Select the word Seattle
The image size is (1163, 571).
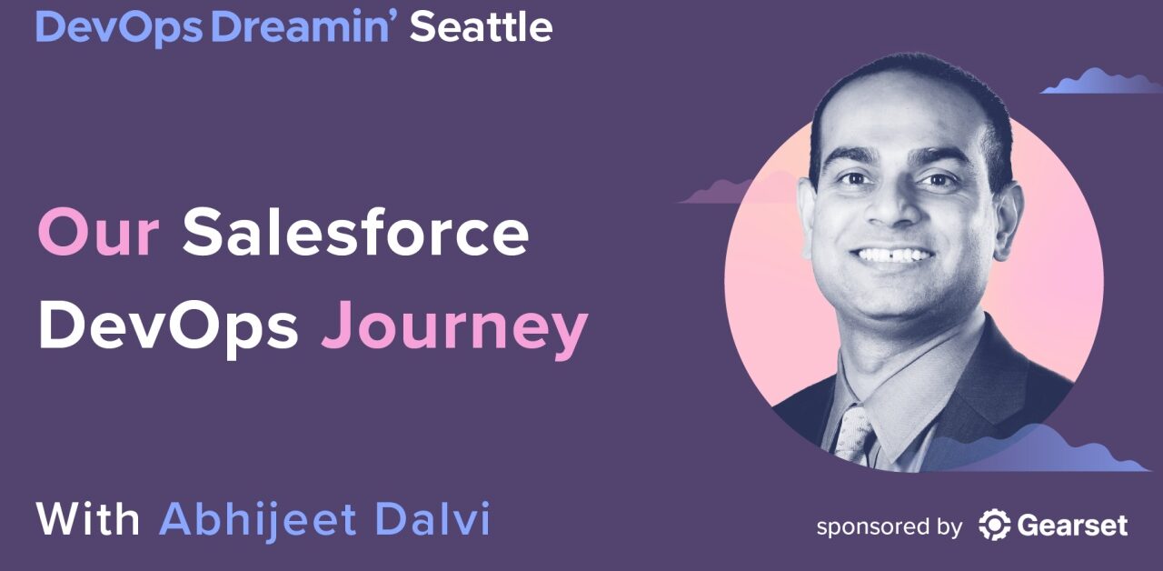(x=481, y=27)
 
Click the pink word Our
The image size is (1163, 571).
(x=98, y=233)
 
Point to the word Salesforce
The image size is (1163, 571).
(x=355, y=233)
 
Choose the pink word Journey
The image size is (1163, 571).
(x=454, y=329)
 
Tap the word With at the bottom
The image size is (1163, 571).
(x=88, y=520)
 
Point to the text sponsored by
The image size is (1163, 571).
(x=888, y=526)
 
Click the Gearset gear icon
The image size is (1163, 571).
(x=995, y=526)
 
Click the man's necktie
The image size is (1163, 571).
(x=855, y=432)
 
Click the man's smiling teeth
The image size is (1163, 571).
(x=895, y=255)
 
